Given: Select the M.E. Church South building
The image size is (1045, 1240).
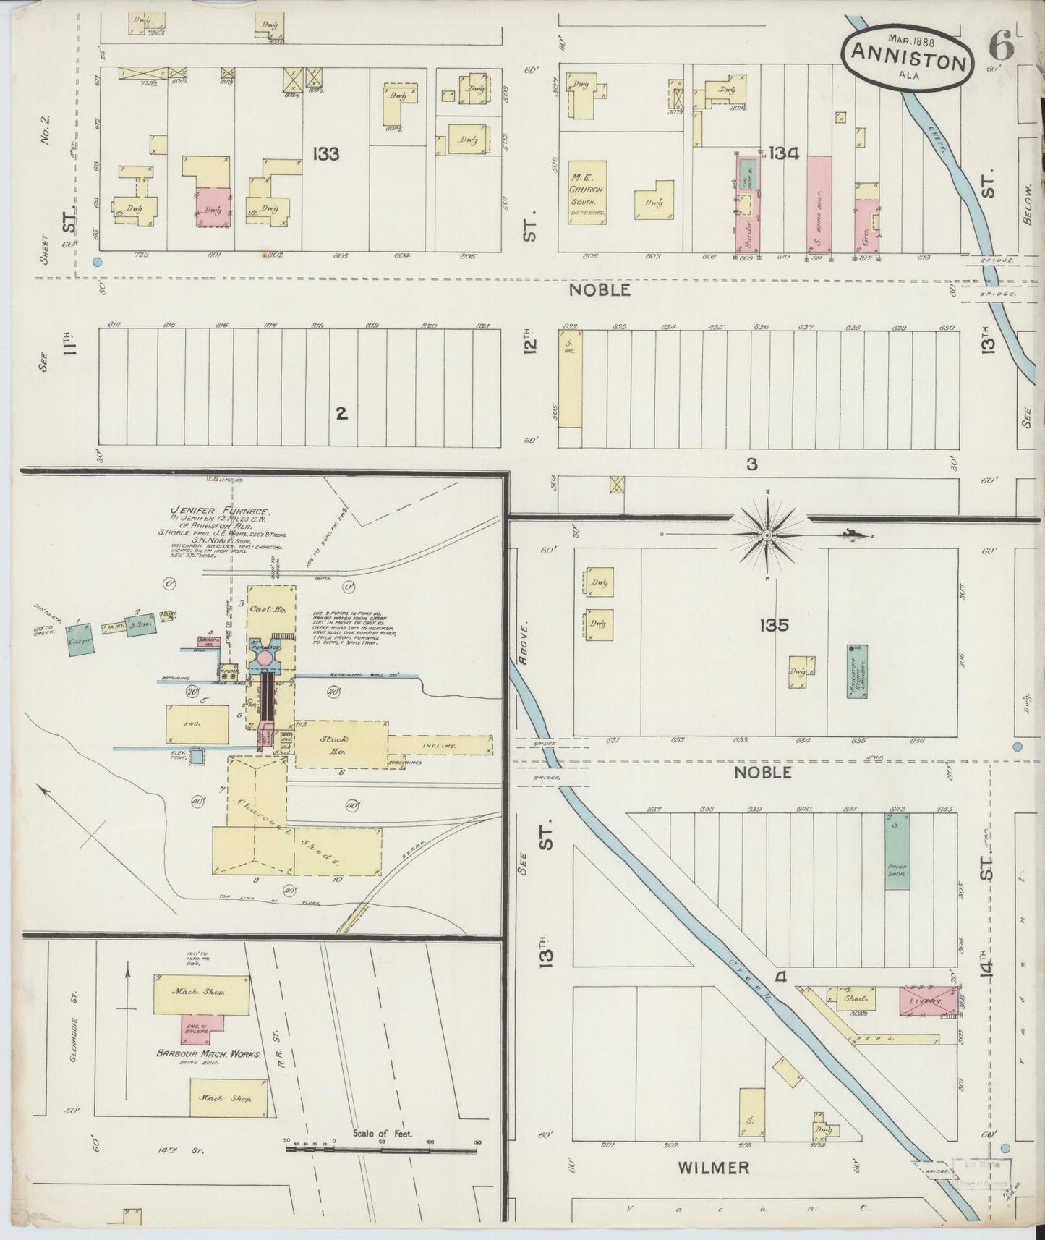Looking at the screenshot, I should (587, 192).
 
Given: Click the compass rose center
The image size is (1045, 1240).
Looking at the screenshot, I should (767, 535).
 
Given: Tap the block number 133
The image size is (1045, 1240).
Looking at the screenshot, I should (327, 153).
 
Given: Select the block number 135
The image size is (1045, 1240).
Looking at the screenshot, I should (772, 625).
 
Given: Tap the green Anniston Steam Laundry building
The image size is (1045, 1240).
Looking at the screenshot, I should (857, 671).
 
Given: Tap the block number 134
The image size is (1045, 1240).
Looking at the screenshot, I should (784, 153).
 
